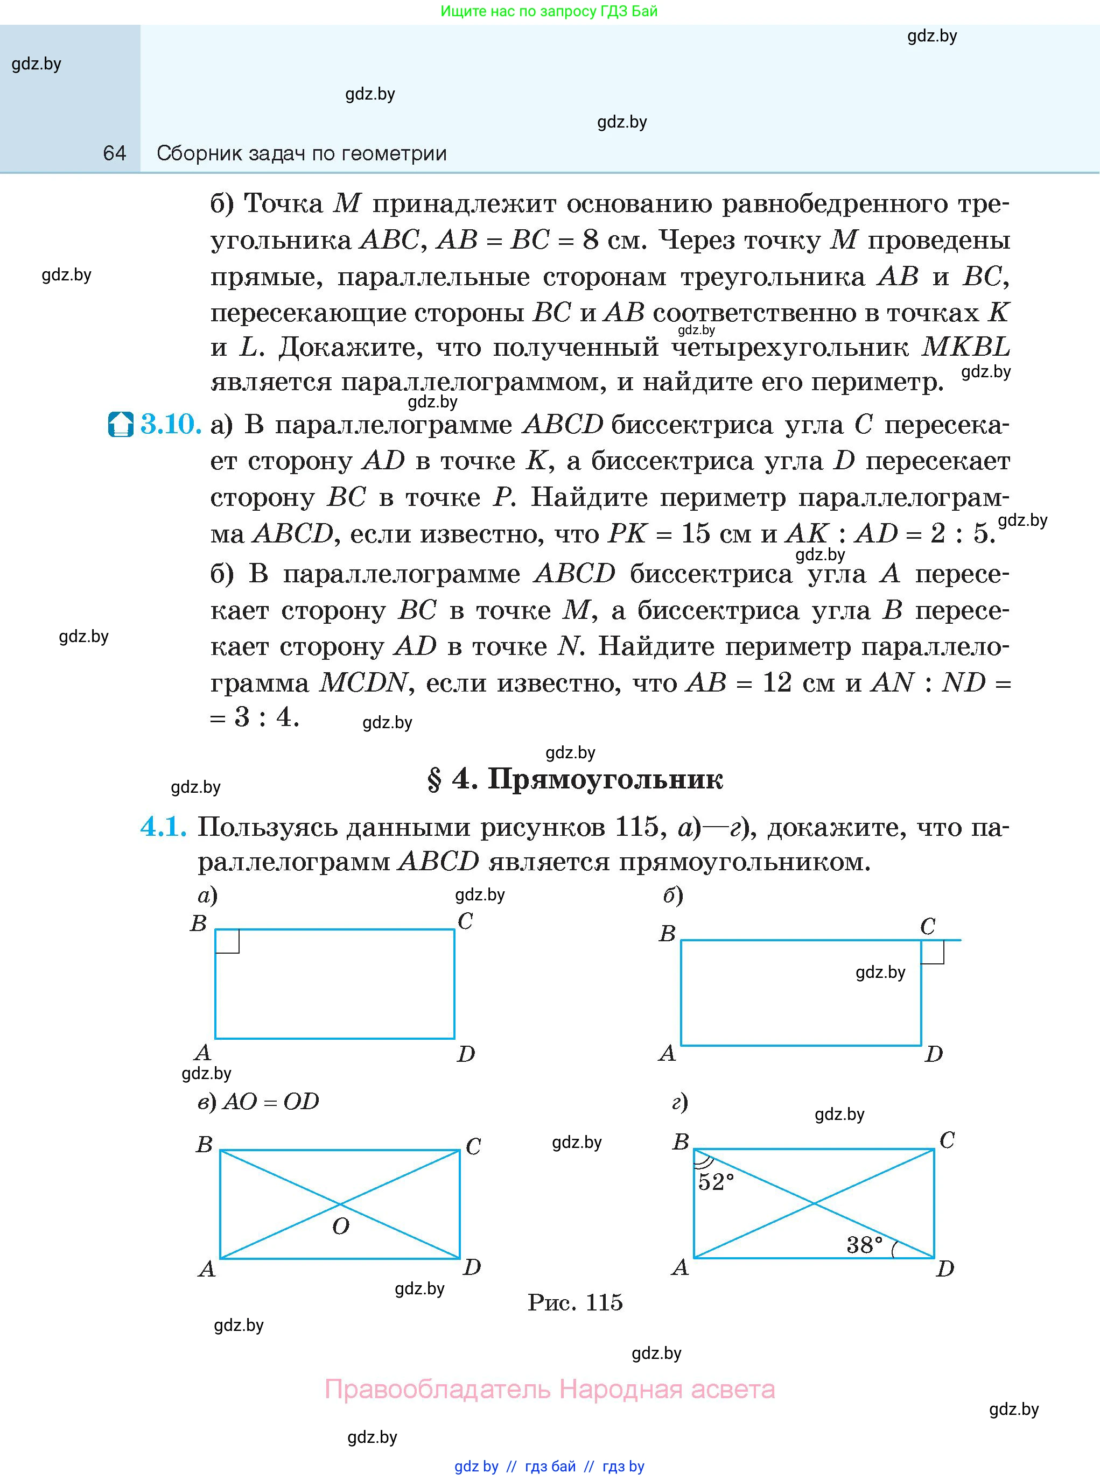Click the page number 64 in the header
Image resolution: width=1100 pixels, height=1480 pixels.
115,154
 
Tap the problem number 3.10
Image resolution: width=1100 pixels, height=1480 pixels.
171,424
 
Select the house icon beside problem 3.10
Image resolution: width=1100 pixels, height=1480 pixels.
121,425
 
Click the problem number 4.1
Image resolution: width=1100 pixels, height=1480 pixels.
163,827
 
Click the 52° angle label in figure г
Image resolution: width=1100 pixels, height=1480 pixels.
716,1182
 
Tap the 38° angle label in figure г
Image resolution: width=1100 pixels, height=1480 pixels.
864,1244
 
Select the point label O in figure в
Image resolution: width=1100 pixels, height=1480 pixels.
340,1227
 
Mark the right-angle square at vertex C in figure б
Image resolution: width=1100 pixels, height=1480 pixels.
932,952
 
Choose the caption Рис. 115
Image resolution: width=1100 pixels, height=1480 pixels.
574,1302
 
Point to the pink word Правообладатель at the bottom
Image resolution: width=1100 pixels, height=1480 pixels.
438,1390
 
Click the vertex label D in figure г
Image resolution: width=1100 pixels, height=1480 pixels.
945,1268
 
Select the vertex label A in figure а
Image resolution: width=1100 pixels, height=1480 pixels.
202,1052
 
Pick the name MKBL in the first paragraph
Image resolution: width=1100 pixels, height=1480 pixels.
965,347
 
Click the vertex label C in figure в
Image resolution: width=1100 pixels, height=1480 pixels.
473,1146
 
